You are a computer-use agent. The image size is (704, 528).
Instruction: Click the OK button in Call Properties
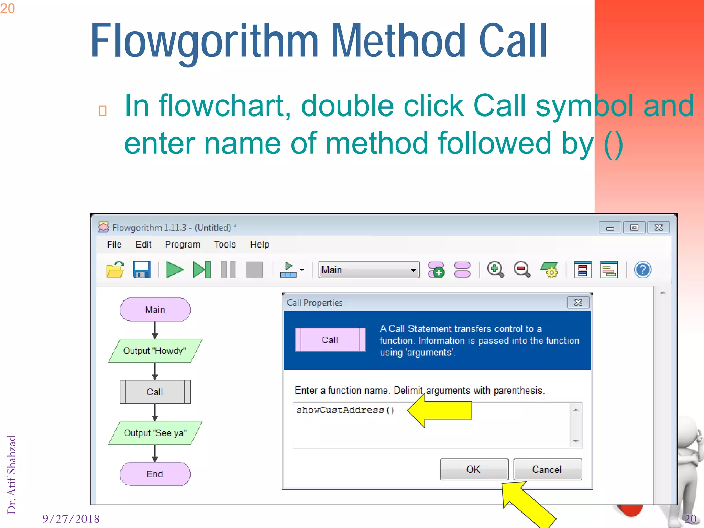tap(474, 469)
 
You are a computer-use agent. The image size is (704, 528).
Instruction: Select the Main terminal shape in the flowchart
tap(155, 310)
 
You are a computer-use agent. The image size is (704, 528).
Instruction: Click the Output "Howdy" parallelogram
tap(155, 351)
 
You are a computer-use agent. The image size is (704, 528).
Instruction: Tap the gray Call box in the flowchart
tap(155, 392)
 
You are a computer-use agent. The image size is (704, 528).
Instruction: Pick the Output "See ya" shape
tap(155, 433)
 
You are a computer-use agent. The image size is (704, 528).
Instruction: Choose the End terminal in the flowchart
tap(155, 474)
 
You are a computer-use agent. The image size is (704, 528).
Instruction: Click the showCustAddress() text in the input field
tap(345, 410)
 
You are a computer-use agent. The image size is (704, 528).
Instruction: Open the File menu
tap(114, 244)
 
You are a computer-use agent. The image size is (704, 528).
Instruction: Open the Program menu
tap(183, 244)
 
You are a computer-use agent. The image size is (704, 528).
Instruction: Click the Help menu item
tap(260, 244)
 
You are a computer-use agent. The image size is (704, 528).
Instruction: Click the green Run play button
tap(175, 269)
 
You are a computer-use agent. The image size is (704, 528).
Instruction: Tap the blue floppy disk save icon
tap(142, 269)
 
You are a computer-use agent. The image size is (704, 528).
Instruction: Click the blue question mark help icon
tap(642, 269)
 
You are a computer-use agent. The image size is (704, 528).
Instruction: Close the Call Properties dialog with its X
tap(578, 302)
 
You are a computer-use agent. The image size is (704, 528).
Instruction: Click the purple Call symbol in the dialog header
tap(330, 340)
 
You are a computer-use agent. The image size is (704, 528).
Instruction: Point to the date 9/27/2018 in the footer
tap(71, 519)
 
